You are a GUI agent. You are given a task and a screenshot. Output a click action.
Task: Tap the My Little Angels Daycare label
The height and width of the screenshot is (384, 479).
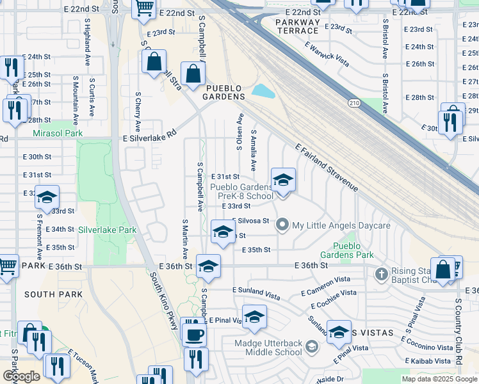(x=341, y=226)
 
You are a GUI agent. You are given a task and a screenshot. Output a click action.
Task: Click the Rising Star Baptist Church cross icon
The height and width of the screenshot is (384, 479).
(x=381, y=274)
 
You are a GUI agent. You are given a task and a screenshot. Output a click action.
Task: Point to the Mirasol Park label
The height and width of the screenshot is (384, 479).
(x=58, y=134)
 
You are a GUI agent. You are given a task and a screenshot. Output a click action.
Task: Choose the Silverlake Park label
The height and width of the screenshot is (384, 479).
(x=108, y=229)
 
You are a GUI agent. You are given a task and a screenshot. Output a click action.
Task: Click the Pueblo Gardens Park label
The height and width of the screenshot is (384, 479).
(x=353, y=250)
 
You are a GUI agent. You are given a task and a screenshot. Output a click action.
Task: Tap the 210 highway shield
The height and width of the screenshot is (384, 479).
(x=355, y=102)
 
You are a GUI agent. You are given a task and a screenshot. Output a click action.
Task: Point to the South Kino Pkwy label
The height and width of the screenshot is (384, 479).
(x=163, y=301)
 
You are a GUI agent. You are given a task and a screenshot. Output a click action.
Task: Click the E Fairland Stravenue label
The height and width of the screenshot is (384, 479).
(x=327, y=168)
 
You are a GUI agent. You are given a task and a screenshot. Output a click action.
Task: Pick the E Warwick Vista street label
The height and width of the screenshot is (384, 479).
(x=327, y=54)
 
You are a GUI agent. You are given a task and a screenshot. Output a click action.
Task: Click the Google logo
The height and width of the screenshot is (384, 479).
(x=21, y=376)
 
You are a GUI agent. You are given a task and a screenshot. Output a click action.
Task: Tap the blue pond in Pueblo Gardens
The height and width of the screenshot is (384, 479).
(x=263, y=91)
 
